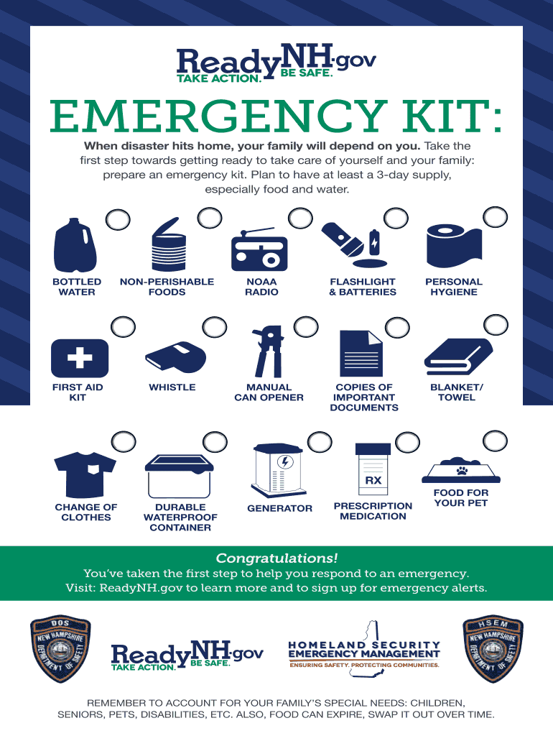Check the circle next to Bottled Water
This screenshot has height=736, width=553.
[x=118, y=220]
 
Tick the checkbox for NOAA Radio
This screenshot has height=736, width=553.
[x=300, y=218]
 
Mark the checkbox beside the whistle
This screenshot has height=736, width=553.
[x=214, y=327]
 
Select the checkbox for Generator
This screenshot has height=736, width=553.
[x=320, y=442]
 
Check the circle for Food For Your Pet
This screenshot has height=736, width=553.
[x=496, y=441]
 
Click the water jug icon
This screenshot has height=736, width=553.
[x=75, y=245]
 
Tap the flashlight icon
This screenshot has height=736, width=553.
[x=343, y=240]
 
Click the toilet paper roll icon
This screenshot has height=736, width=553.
[x=454, y=246]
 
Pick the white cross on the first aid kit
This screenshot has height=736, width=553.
[x=80, y=358]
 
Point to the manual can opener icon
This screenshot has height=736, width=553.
[x=269, y=351]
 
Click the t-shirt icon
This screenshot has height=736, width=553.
[x=85, y=474]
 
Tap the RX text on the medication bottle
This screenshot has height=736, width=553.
[x=373, y=481]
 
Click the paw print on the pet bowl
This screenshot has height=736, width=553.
[x=462, y=470]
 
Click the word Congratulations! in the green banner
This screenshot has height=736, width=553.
[x=276, y=558]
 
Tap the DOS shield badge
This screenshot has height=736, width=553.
[x=60, y=649]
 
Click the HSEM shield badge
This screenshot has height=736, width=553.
[x=493, y=649]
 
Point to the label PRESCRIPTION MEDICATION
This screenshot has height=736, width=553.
[x=373, y=511]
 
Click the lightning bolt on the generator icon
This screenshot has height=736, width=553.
[x=284, y=462]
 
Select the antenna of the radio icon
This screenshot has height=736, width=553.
[x=257, y=231]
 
